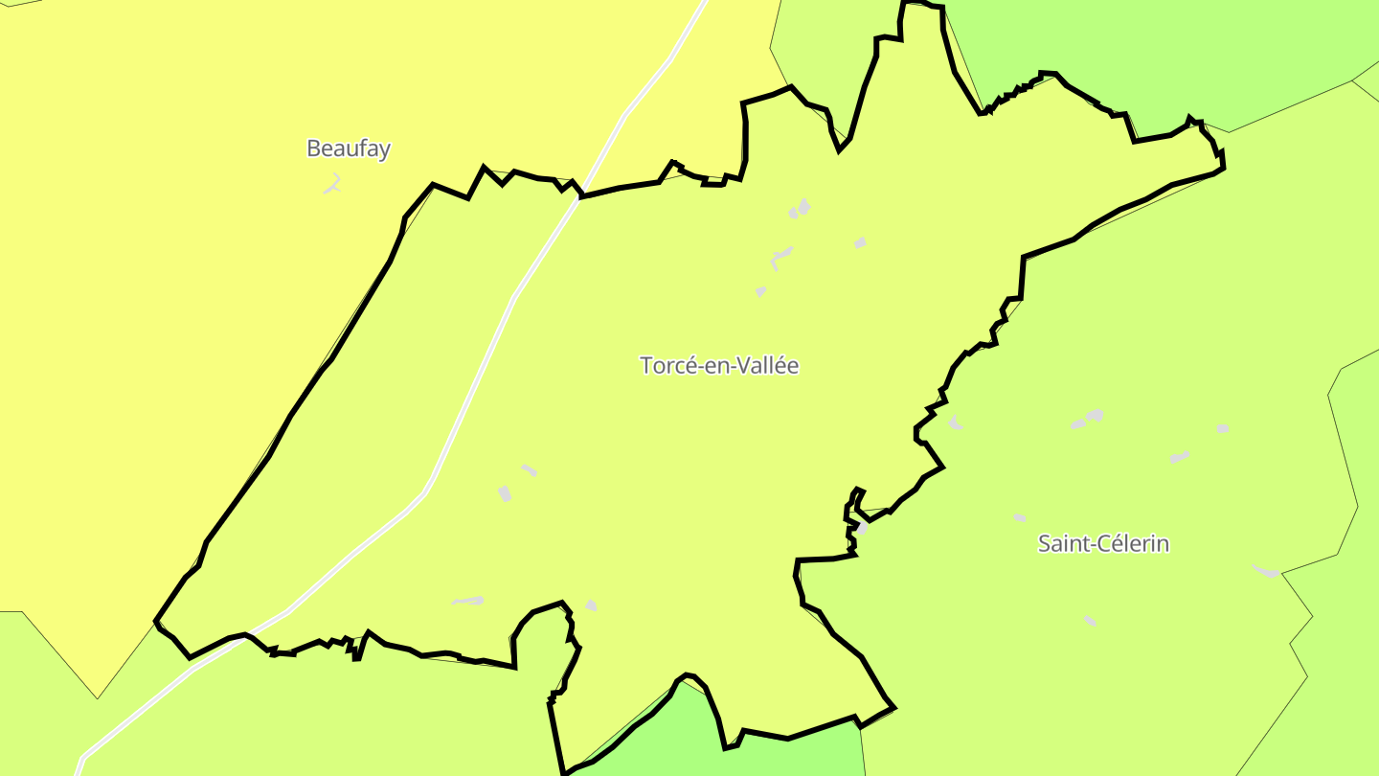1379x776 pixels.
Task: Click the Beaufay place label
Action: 349,148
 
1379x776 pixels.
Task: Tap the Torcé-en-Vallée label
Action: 718,365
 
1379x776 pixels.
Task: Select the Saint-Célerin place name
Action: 1103,543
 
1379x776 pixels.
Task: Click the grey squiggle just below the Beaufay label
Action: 333,183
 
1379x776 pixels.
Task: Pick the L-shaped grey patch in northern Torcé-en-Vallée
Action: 780,257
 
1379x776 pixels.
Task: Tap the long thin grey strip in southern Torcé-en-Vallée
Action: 468,601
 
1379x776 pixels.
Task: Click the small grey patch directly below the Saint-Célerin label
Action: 1090,621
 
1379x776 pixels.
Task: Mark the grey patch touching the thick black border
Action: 861,528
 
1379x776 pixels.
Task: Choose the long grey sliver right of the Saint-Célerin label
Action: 1266,572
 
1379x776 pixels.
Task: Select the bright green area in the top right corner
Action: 1149,48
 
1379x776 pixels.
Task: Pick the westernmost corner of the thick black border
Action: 156,622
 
